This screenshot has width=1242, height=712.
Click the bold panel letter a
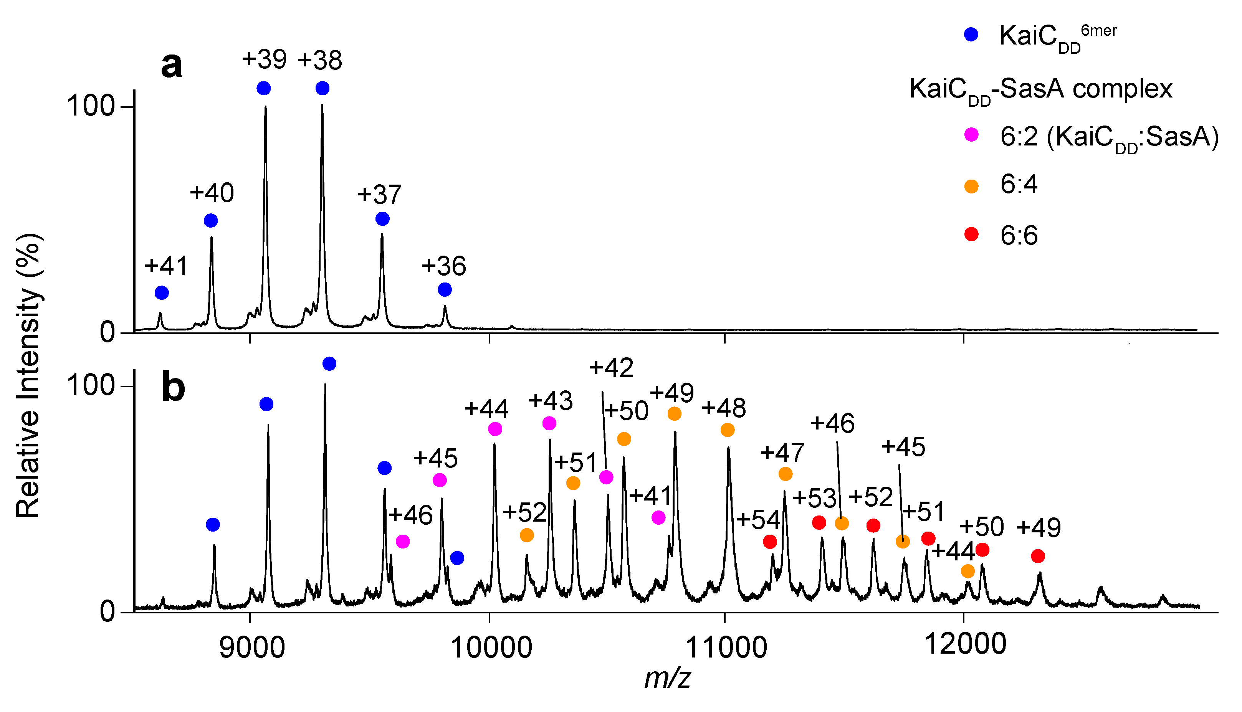click(172, 66)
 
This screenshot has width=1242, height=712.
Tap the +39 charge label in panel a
click(264, 59)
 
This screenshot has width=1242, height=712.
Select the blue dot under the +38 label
click(322, 89)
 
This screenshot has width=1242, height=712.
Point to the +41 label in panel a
click(166, 266)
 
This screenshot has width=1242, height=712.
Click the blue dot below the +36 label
click(445, 290)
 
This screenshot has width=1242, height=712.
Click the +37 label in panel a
click(379, 195)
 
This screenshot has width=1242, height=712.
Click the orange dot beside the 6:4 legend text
click(971, 186)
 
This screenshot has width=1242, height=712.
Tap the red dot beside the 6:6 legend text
click(971, 235)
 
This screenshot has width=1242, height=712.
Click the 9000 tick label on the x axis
click(252, 648)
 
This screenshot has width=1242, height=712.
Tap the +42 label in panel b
click(611, 368)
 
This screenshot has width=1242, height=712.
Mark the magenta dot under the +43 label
click(549, 423)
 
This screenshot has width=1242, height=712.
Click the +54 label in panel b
click(758, 520)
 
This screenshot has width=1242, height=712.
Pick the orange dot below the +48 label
click(728, 430)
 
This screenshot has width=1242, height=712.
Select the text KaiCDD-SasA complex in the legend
click(1040, 90)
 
